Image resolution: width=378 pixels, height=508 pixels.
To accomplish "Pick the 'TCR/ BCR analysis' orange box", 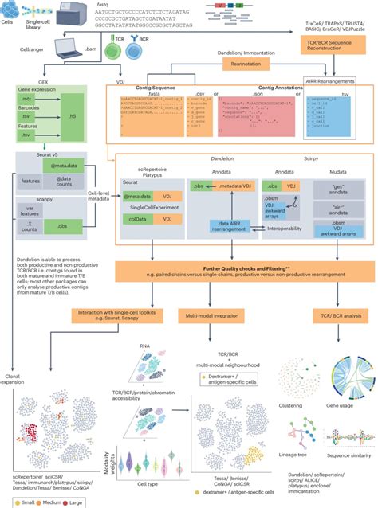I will (x=333, y=316).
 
